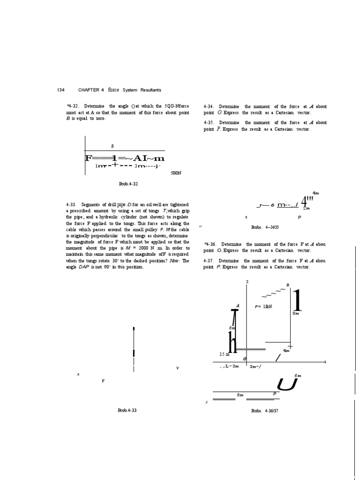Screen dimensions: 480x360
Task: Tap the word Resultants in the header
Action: pyautogui.click(x=149, y=90)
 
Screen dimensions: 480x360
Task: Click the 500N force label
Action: pyautogui.click(x=176, y=173)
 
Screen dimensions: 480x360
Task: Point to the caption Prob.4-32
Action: pyautogui.click(x=128, y=184)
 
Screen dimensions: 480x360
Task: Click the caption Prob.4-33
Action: pyautogui.click(x=127, y=411)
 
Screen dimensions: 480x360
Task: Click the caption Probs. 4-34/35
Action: pyautogui.click(x=265, y=227)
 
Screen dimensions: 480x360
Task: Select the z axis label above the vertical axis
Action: pyautogui.click(x=247, y=281)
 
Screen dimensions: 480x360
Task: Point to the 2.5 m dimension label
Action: pyautogui.click(x=225, y=354)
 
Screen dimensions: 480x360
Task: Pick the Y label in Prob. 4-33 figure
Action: pyautogui.click(x=177, y=368)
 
